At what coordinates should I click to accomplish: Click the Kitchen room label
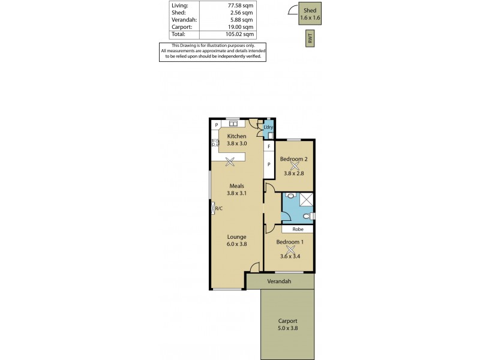tap(236, 136)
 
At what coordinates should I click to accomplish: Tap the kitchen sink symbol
tap(234, 124)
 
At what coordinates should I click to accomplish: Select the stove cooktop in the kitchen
tap(215, 143)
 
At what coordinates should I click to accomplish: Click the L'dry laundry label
tap(269, 127)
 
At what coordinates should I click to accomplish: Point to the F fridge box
tap(269, 146)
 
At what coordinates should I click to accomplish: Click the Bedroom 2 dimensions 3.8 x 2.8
tap(294, 174)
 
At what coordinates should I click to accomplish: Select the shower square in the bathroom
tap(307, 199)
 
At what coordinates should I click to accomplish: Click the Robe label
tap(298, 229)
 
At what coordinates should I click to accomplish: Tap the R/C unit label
tap(218, 208)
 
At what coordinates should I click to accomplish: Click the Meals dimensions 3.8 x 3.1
tap(236, 193)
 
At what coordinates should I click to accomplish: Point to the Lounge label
tap(236, 236)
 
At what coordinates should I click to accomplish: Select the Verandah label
tap(279, 281)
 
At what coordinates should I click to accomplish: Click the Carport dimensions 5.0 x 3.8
tap(287, 328)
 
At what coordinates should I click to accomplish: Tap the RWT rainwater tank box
tap(310, 40)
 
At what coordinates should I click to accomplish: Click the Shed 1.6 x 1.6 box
tap(310, 14)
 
